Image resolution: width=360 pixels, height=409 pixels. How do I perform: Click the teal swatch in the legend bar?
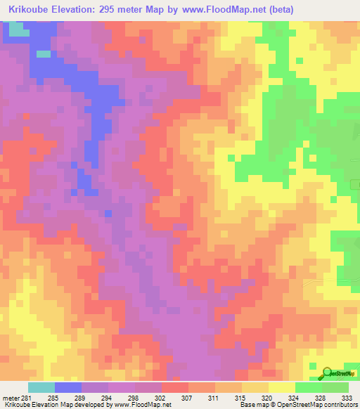click(x=41, y=387)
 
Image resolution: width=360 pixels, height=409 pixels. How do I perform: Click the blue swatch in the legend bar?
click(x=68, y=387)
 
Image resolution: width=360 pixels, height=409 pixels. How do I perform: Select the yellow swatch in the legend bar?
click(x=281, y=387)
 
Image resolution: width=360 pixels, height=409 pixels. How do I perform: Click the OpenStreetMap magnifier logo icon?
click(x=326, y=374)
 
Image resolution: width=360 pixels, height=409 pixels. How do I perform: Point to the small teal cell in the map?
click(x=44, y=53)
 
